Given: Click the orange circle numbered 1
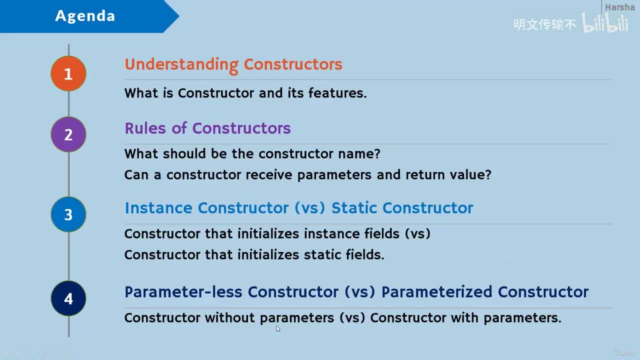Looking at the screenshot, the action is click(x=68, y=73).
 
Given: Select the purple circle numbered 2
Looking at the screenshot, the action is click(x=68, y=134).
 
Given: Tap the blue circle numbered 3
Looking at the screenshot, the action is click(x=68, y=214).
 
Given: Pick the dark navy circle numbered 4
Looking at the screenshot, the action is click(x=68, y=298).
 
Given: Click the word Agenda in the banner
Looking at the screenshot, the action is click(x=85, y=16).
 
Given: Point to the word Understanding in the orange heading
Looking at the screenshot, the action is click(x=181, y=65).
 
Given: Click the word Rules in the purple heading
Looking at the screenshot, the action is click(x=145, y=128).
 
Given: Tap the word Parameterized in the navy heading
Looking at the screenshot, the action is click(x=437, y=292).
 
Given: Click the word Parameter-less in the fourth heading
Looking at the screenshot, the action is click(x=183, y=292).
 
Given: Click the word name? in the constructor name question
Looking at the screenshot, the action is click(x=359, y=154).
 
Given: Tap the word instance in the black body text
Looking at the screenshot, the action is click(x=331, y=233).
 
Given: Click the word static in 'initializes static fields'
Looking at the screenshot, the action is click(x=322, y=254).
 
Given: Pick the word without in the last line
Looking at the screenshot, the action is click(x=229, y=317).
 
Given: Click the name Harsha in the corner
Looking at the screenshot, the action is click(x=619, y=7).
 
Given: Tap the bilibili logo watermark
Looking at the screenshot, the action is click(x=605, y=23).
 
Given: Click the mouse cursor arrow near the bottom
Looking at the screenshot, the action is click(x=278, y=329).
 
